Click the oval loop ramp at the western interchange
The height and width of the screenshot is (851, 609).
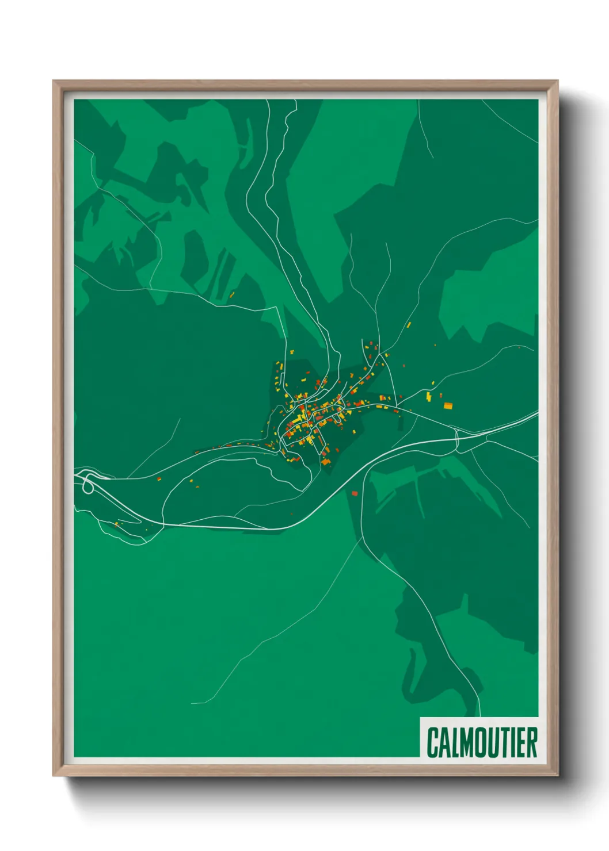point(88,486)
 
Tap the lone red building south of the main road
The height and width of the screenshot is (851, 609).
point(355,493)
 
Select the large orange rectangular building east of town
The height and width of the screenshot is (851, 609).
point(448,406)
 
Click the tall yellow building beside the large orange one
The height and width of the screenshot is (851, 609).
point(429,396)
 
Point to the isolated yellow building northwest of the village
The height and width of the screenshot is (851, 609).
point(233,295)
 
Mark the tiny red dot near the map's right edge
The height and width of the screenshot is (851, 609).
point(519,347)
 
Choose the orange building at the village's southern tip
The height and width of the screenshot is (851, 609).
point(326,462)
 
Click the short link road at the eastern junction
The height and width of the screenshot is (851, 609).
point(457,439)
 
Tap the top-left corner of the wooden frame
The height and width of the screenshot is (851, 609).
point(54,82)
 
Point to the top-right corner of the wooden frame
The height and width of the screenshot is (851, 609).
point(557,82)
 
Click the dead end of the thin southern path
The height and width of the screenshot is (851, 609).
point(192,703)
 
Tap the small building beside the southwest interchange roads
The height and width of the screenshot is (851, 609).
point(117,524)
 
